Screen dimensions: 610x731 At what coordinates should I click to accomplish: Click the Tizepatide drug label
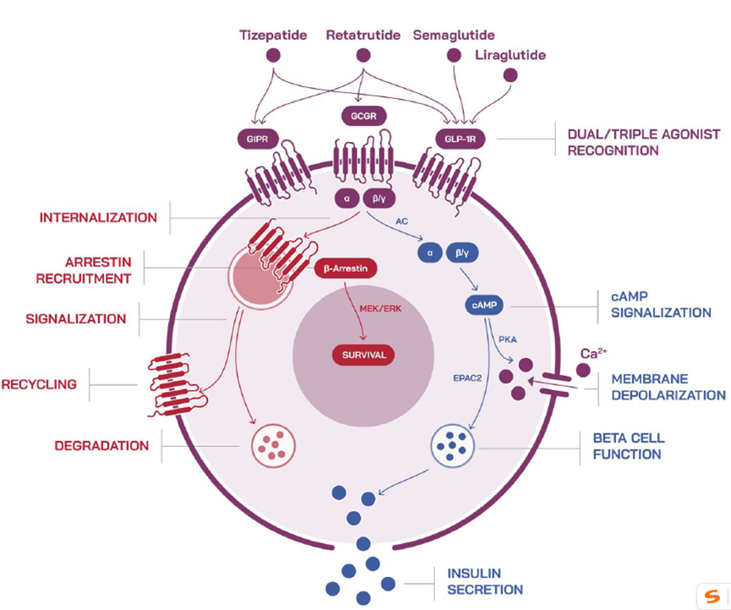coord(272,35)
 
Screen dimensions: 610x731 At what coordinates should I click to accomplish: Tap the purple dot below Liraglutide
coord(510,76)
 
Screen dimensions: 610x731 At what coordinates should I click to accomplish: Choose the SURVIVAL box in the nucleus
coord(362,355)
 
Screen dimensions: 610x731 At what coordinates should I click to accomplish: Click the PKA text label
coord(507,339)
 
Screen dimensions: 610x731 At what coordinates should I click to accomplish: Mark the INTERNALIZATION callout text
coord(98,218)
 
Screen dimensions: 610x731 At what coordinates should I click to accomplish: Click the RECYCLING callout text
coord(39,384)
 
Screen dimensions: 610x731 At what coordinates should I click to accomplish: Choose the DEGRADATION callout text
coord(101,446)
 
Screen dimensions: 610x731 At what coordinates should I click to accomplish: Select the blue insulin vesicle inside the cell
coord(455,444)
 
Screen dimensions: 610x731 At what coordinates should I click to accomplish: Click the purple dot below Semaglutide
coord(454,56)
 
